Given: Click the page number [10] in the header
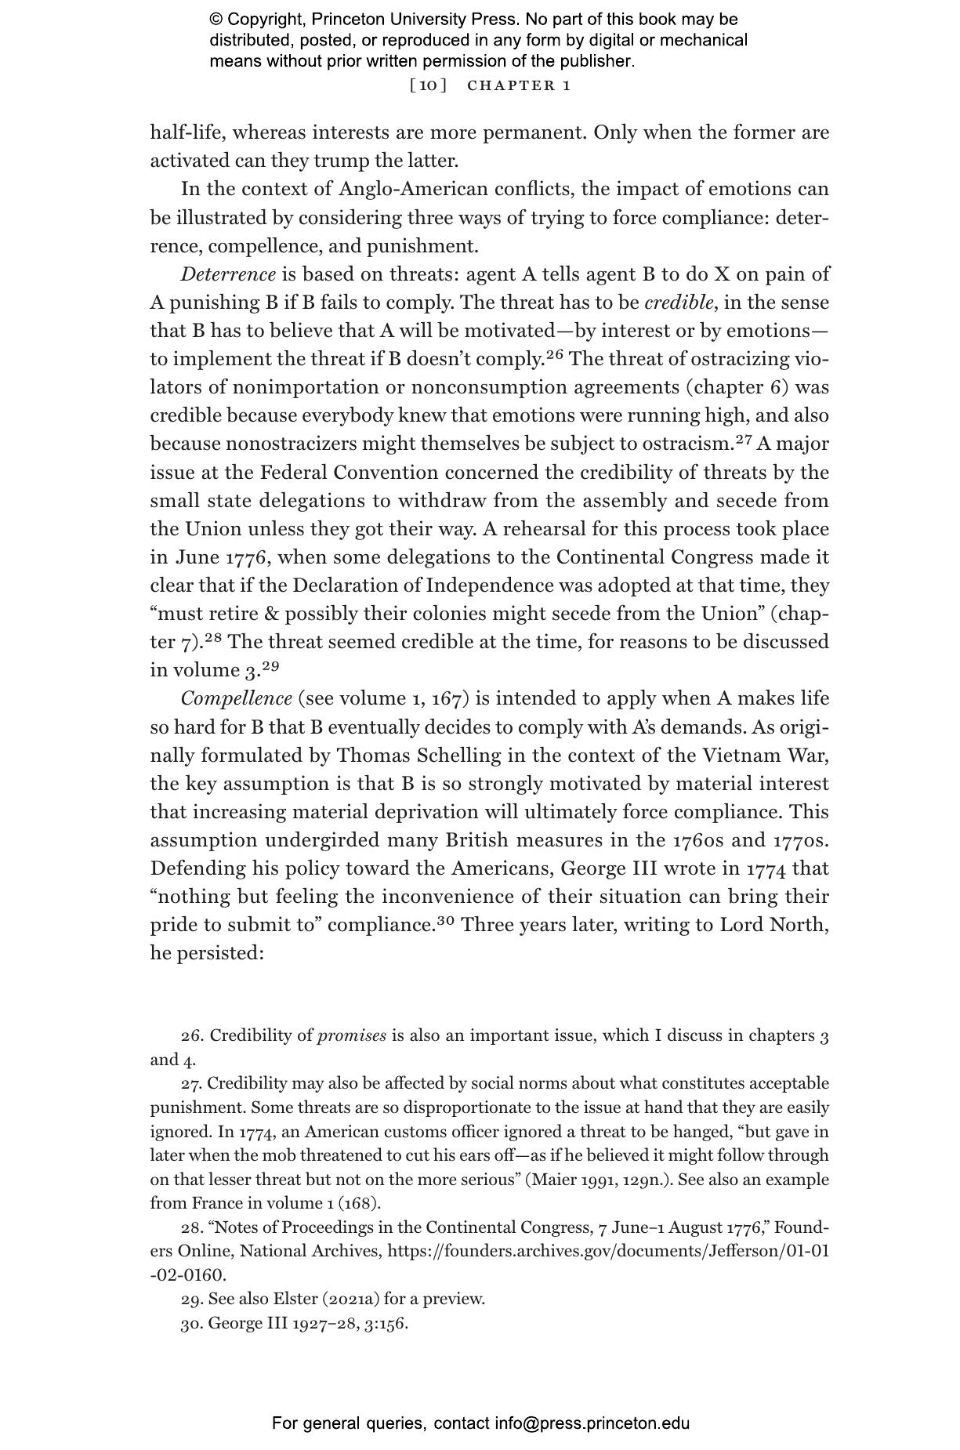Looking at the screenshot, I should [x=428, y=85].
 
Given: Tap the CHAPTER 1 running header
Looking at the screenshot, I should [x=519, y=85].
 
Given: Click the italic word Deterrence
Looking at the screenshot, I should [x=228, y=274].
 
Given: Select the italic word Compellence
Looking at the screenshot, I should [x=236, y=698].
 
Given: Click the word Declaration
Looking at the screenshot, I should [x=368, y=585].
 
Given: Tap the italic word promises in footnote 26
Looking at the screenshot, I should [x=351, y=1035].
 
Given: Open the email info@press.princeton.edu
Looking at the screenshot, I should [x=592, y=1423].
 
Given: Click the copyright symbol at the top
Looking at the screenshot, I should [x=216, y=20].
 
